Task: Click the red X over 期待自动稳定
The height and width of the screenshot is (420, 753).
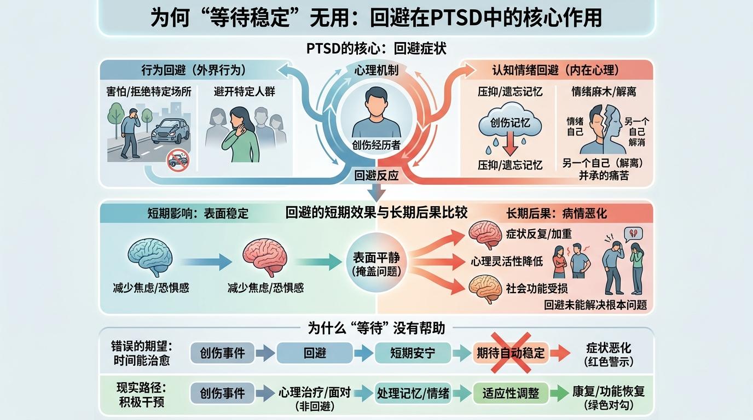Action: [511, 353]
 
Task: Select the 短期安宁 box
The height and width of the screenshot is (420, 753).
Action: [413, 353]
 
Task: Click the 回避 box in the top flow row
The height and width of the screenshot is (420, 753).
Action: [315, 353]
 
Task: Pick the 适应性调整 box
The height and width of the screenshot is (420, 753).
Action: [511, 393]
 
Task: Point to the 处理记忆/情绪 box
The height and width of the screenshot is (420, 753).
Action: [413, 393]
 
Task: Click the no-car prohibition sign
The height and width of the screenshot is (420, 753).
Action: [178, 160]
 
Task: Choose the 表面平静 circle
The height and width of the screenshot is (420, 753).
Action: [376, 262]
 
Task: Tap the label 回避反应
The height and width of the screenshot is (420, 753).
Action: [376, 176]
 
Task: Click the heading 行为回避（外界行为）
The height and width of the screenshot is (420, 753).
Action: [194, 70]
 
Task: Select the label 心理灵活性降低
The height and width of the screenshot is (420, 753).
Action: [507, 261]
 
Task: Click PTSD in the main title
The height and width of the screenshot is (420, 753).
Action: [455, 17]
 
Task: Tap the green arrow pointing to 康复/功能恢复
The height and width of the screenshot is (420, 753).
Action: [559, 393]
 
